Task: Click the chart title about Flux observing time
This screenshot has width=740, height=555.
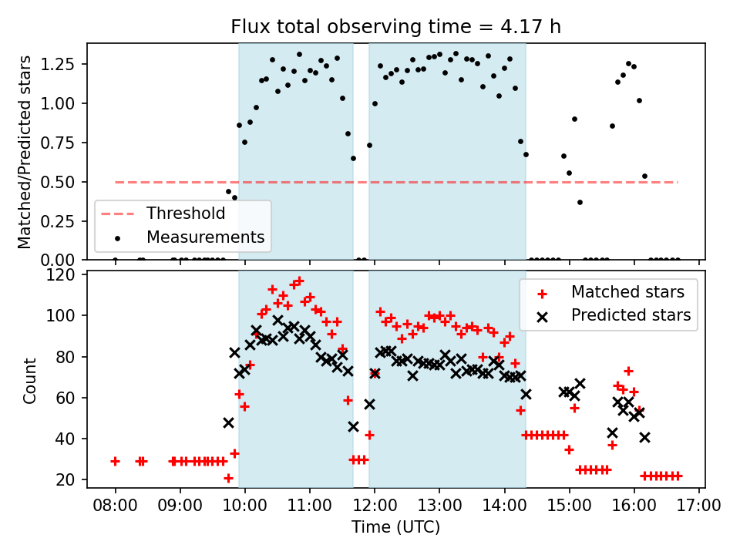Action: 395,27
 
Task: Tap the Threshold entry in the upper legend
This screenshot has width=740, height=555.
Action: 186,214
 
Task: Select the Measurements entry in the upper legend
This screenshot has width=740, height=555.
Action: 205,237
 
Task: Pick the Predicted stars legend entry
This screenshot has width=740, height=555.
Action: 631,314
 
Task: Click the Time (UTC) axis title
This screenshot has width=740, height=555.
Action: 395,527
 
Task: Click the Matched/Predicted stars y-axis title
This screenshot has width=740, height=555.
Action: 25,152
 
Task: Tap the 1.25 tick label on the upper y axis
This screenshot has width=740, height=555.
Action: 60,64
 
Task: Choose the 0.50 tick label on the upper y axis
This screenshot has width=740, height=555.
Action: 60,182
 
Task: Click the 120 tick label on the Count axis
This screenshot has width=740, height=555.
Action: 65,275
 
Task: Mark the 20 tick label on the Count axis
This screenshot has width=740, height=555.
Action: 69,479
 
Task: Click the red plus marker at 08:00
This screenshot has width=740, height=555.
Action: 115,461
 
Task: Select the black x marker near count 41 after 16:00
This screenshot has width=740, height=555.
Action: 644,437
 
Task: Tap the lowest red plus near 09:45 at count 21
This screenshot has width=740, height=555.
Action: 228,478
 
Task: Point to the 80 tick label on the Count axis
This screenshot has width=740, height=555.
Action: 69,357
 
